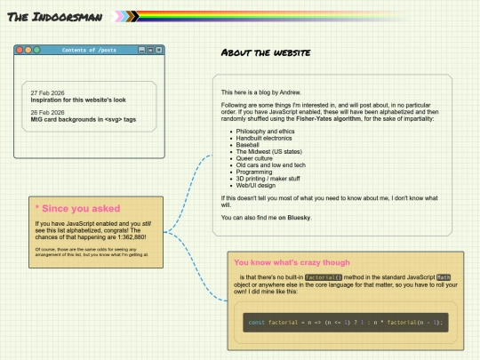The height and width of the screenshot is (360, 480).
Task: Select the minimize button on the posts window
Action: [141, 50]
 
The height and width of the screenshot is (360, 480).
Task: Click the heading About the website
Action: [266, 53]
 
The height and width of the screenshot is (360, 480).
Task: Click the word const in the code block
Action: [256, 322]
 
